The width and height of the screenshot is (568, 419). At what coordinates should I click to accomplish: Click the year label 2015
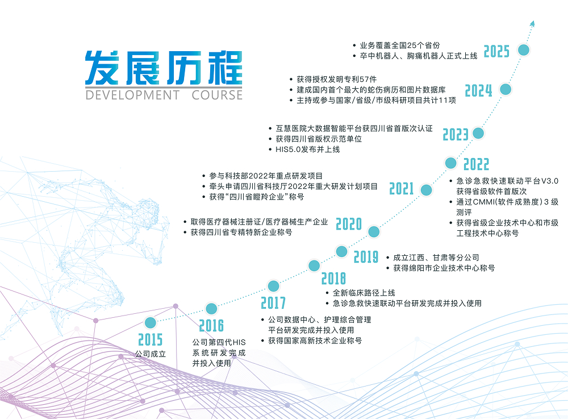(x=150, y=340)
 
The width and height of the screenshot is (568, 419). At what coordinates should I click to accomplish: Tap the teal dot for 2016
(x=211, y=309)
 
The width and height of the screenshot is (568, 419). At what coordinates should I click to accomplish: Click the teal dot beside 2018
(x=314, y=265)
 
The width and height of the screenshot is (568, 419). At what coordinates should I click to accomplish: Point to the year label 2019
(x=366, y=258)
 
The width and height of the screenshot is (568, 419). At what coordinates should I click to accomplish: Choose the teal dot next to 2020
(x=373, y=231)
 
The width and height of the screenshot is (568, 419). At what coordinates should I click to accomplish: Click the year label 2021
(x=402, y=189)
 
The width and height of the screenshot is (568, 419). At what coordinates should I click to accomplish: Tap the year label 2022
(x=476, y=164)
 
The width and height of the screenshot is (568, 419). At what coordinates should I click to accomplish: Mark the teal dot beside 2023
(x=479, y=134)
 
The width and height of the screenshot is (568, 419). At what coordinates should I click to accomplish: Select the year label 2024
(x=478, y=91)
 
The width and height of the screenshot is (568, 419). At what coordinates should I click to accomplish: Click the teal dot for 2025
(x=524, y=50)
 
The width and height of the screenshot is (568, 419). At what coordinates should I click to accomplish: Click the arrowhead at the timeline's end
(x=532, y=23)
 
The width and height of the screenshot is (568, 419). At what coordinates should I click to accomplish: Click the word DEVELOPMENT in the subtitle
(x=132, y=94)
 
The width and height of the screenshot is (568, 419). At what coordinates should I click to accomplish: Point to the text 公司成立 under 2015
(x=150, y=354)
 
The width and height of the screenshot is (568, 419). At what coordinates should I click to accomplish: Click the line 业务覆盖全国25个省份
(x=400, y=45)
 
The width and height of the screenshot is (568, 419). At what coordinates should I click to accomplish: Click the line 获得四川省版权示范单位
(x=319, y=139)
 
